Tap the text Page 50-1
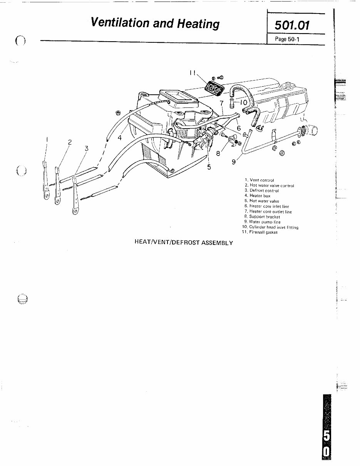tap(287, 39)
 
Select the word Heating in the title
tap(198, 23)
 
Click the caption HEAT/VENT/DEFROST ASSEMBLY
tap(183, 243)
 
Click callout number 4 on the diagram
tap(120, 137)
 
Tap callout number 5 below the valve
tap(209, 167)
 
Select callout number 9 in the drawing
tap(234, 162)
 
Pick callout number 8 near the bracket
tap(218, 153)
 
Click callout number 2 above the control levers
tap(70, 142)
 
